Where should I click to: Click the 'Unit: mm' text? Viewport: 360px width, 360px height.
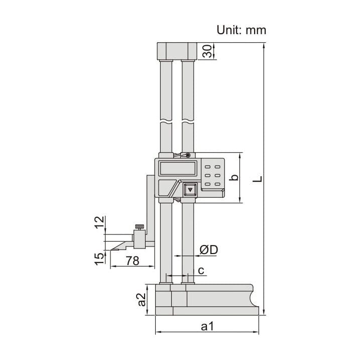tap(241, 30)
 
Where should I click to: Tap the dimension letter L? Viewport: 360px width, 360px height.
tap(257, 178)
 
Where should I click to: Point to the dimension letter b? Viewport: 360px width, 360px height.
tap(232, 178)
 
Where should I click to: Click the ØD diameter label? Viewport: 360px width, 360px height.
tap(208, 250)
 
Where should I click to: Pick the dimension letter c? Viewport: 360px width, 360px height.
tap(201, 271)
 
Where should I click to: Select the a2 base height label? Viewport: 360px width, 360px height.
tap(141, 300)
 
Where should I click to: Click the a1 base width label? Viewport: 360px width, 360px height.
tap(207, 327)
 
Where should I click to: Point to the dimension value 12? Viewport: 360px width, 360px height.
tap(99, 221)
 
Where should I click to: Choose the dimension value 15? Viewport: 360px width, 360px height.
tap(99, 258)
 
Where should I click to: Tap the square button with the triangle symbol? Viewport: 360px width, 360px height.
tap(189, 190)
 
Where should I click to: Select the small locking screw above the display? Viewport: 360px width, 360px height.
tap(187, 156)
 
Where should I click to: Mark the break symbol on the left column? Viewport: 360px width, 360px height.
tap(166, 122)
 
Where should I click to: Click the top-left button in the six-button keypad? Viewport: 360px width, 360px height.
tap(208, 168)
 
